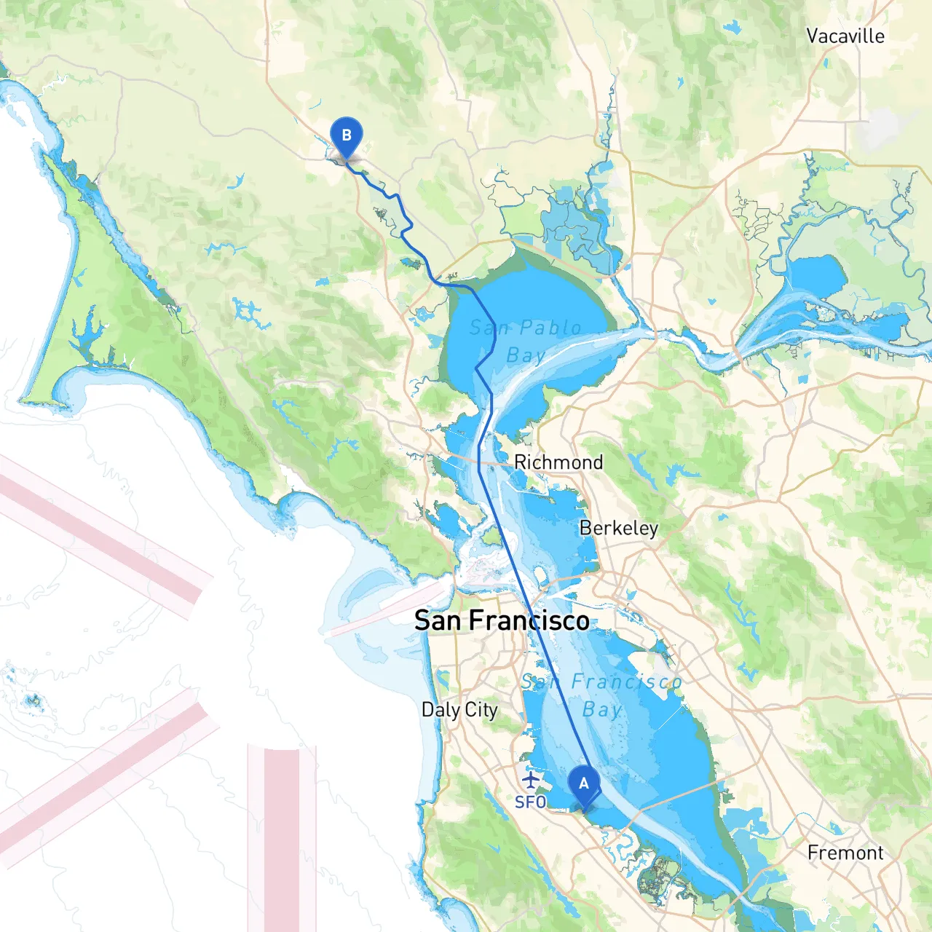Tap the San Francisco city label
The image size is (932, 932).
(502, 620)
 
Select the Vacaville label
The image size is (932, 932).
(845, 36)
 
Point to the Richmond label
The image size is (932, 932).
(558, 462)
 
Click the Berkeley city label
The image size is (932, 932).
(619, 528)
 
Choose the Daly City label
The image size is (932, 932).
(459, 709)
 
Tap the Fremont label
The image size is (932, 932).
(845, 853)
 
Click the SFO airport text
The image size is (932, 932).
(530, 802)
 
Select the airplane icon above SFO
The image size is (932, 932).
(532, 781)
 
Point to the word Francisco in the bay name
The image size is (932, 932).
(626, 682)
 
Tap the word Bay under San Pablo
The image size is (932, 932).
(526, 355)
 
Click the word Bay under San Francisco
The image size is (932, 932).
(602, 709)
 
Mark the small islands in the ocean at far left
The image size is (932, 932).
(32, 701)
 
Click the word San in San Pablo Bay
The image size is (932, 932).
(486, 328)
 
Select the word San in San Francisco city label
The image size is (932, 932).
(438, 620)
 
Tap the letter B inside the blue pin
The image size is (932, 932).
(347, 135)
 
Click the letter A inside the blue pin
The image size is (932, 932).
(583, 783)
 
